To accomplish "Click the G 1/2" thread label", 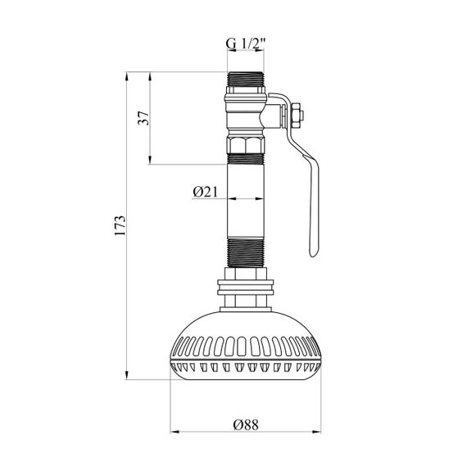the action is tap(245, 43).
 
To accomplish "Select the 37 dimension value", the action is tap(144, 118).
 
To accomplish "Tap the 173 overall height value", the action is tap(120, 225).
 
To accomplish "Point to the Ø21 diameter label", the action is tap(205, 192).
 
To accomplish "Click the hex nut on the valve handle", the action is tap(297, 116).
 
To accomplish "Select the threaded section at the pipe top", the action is tap(246, 79).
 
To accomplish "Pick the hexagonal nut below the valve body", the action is tap(246, 144).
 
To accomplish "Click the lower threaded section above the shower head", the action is tap(246, 253).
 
